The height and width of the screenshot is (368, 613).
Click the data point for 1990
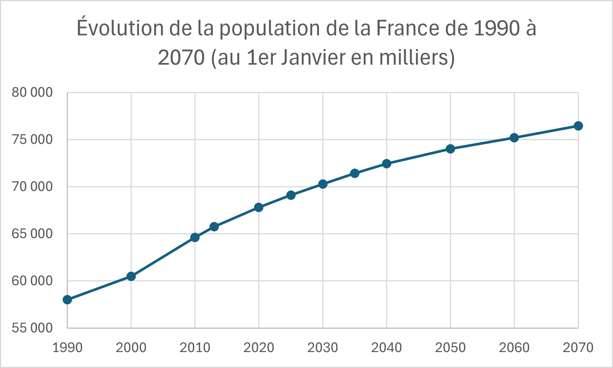67,299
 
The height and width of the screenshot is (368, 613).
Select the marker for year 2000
131,276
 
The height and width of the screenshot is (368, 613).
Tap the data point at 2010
195,237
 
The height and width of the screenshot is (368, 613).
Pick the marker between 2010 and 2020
214,226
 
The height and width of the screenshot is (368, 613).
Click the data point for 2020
258,207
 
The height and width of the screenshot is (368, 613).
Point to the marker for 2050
450,149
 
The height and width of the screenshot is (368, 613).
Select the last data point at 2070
578,126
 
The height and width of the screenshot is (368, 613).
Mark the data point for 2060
514,137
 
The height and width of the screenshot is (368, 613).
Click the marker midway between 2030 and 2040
355,173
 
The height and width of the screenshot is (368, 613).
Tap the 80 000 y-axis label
32,92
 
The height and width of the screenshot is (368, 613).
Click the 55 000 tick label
32,328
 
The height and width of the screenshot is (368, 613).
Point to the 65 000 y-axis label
32,233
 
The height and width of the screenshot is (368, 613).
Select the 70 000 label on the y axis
32,186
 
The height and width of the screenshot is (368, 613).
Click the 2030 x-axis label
323,348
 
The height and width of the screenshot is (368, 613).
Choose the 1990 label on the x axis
67,348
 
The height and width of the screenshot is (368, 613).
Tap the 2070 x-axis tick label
578,348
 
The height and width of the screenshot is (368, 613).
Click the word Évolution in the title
120,28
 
